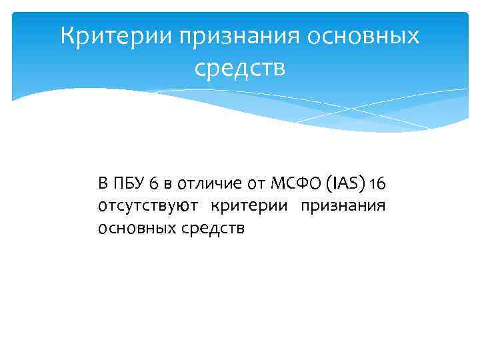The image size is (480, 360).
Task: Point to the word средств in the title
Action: pos(240,67)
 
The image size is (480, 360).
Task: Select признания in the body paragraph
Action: pos(343,206)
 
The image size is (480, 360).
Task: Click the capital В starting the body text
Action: pos(102,183)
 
